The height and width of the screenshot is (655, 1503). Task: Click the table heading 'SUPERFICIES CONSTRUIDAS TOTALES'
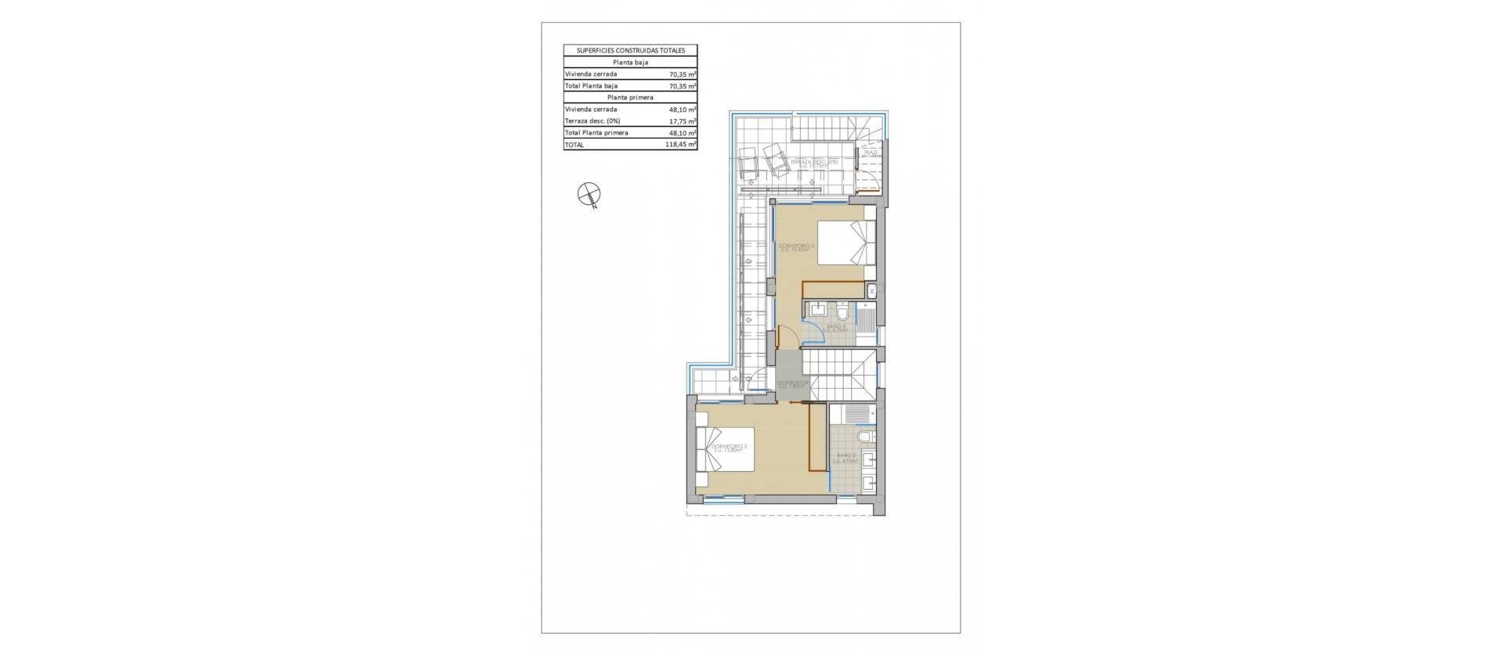(x=630, y=50)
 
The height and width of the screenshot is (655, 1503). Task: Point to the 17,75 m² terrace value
(x=683, y=121)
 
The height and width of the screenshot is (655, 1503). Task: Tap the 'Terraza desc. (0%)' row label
(x=593, y=121)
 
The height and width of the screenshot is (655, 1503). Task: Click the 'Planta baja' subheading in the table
(x=630, y=62)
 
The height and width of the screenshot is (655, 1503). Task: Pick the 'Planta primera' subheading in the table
(x=630, y=98)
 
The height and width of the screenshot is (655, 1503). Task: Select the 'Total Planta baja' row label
(x=591, y=86)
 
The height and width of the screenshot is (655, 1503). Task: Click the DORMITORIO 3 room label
(x=249, y=247)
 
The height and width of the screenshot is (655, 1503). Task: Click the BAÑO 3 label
(x=837, y=328)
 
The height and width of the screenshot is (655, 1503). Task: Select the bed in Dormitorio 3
(x=846, y=243)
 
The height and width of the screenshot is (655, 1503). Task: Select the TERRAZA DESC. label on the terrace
(x=814, y=163)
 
